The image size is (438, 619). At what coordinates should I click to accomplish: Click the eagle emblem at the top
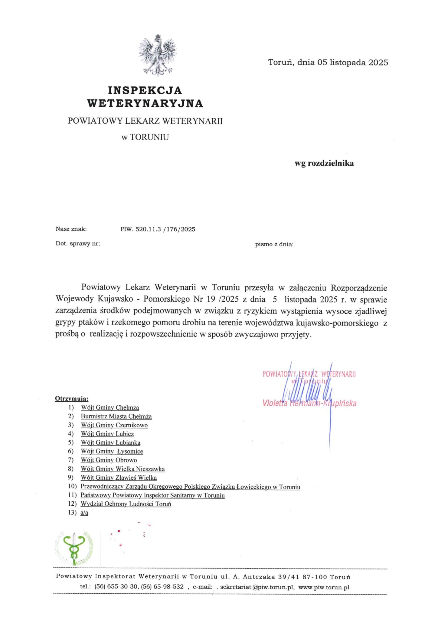158,55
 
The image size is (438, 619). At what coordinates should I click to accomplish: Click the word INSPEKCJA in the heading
145,90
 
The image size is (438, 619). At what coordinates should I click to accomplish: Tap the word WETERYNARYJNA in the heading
145,103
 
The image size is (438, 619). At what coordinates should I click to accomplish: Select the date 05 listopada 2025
353,63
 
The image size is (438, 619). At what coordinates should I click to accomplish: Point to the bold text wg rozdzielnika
324,164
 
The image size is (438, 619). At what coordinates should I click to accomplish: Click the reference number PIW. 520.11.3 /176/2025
158,229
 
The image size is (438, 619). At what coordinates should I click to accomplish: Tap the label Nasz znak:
71,229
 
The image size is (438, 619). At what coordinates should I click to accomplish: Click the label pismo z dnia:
274,244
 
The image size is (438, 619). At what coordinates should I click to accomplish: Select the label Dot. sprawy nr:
78,244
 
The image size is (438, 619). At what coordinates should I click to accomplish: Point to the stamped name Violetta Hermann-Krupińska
309,403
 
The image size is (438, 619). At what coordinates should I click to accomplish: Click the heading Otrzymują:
72,399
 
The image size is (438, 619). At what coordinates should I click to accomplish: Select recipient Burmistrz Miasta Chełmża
116,416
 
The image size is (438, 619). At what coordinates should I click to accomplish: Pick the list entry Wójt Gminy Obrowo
109,460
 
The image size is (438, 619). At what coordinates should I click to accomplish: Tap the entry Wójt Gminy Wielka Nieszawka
123,469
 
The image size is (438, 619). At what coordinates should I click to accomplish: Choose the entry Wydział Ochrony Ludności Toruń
126,504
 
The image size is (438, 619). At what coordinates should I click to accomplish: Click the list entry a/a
84,513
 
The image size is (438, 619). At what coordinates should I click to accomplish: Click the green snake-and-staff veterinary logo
74,548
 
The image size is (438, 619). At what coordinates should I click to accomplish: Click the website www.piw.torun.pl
324,587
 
